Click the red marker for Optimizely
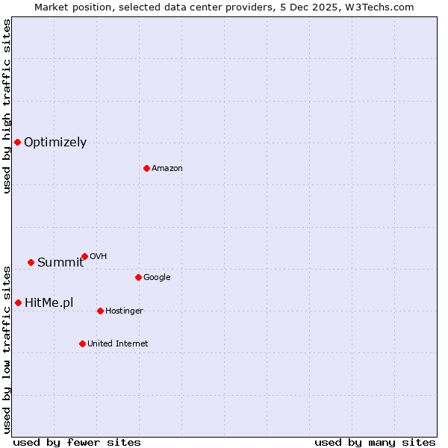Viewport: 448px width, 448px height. (17, 142)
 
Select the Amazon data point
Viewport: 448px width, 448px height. (146, 168)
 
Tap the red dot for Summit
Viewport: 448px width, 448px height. (31, 262)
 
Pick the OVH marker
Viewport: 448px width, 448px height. (84, 256)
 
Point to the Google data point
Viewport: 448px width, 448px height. (138, 277)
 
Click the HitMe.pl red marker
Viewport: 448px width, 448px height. (18, 302)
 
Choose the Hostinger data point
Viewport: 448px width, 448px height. (100, 311)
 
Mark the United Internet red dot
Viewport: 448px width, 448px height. (82, 343)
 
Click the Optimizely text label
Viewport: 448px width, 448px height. (55, 143)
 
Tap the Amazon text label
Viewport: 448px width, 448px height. (167, 169)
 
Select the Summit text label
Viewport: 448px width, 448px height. (60, 262)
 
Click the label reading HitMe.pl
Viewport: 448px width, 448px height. (49, 302)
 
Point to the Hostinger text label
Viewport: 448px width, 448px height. (124, 311)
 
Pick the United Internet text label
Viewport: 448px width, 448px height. (118, 344)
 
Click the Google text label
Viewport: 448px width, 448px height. (157, 278)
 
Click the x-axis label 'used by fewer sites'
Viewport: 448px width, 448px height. (77, 442)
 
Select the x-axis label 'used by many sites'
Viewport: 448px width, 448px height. (375, 442)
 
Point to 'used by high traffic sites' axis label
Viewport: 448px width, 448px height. (7, 106)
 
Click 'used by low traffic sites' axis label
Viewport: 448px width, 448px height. (7, 349)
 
